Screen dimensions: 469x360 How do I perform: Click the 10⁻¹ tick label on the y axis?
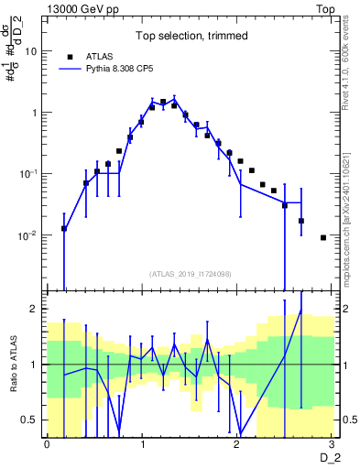tap(30, 174)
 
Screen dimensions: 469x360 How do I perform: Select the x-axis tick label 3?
tap(332, 444)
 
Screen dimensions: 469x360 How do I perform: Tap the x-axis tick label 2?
tap(237, 444)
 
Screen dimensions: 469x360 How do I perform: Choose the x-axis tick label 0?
tap(47, 444)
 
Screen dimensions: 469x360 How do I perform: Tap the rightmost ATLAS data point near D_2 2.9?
tap(322, 237)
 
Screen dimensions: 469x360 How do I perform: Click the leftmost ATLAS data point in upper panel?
tap(64, 228)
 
